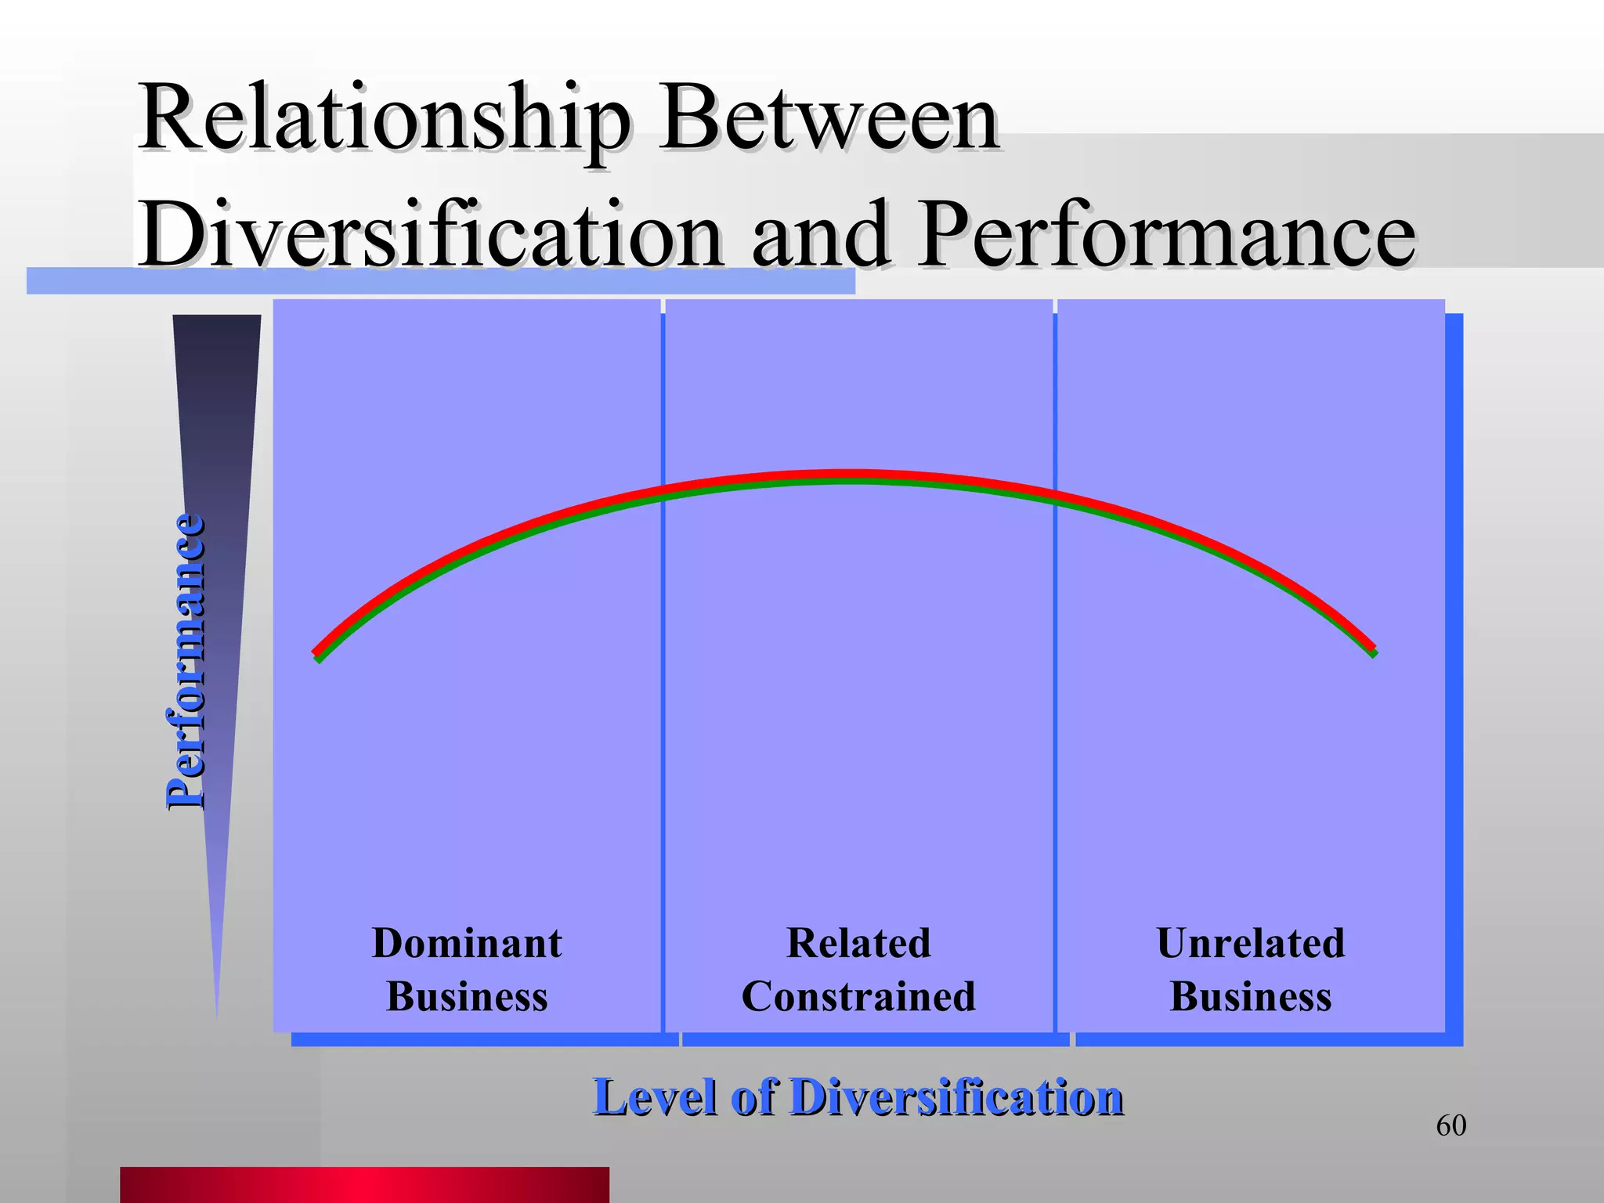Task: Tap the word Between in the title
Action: tap(828, 119)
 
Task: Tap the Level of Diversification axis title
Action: tap(858, 1096)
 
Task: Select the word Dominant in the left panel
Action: tap(467, 943)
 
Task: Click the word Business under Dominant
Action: tap(467, 997)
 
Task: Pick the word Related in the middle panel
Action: tap(858, 943)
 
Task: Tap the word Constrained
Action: tap(858, 997)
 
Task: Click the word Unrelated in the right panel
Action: tap(1251, 943)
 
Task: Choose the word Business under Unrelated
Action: tap(1251, 997)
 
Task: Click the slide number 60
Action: tap(1450, 1125)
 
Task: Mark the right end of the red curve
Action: tap(1372, 647)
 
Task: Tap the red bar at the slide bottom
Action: tap(364, 1184)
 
